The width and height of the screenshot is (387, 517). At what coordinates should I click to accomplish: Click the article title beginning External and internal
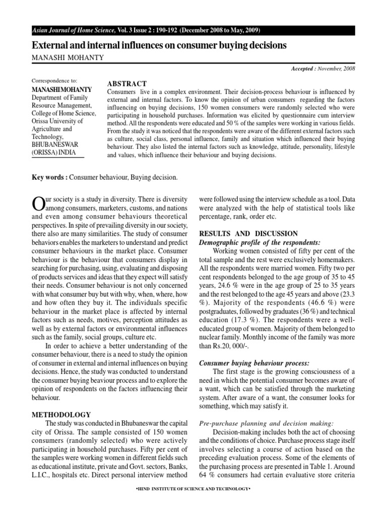[159, 45]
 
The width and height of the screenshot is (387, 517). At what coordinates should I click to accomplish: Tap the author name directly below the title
[68, 58]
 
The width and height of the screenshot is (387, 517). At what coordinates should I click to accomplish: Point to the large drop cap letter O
[38, 202]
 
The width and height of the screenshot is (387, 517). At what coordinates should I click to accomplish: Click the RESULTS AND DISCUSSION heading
[249, 233]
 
